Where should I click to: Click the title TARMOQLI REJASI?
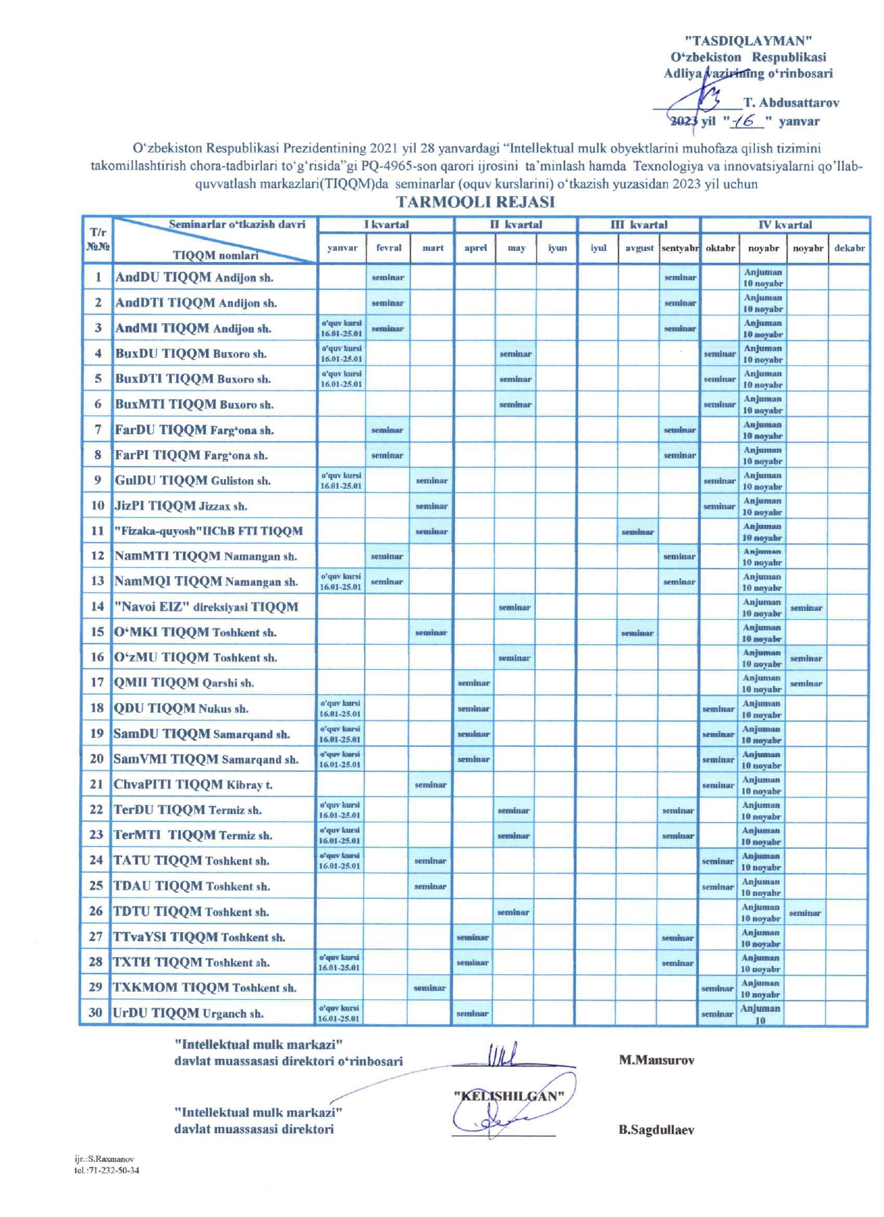tap(476, 202)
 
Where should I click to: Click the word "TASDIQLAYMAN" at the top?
tap(748, 41)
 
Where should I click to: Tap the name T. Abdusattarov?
tap(791, 103)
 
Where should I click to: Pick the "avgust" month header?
tap(639, 248)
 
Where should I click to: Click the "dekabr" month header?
tap(849, 248)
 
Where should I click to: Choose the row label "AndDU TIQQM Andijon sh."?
tap(194, 277)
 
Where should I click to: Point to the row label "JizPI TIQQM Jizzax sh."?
tap(181, 506)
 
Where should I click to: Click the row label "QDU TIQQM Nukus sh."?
tap(181, 709)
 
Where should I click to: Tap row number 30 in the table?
tap(96, 1012)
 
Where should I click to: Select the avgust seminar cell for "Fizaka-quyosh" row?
tap(638, 532)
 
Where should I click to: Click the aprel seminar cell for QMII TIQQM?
tap(474, 683)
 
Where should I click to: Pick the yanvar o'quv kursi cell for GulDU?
tap(341, 481)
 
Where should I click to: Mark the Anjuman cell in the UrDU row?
tap(761, 1014)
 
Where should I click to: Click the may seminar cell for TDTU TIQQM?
tap(514, 913)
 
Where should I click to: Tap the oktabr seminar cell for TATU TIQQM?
tap(718, 861)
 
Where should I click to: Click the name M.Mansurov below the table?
tap(657, 1060)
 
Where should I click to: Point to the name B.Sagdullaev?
tap(657, 1130)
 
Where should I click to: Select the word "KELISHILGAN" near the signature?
tap(509, 1096)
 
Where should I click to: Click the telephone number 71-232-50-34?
tap(114, 1170)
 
